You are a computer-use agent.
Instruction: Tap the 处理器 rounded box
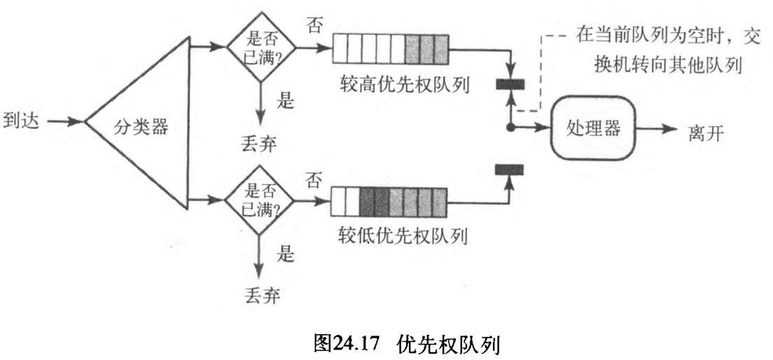point(594,128)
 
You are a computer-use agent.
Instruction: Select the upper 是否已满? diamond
point(261,48)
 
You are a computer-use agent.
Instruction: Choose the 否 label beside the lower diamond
point(313,179)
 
